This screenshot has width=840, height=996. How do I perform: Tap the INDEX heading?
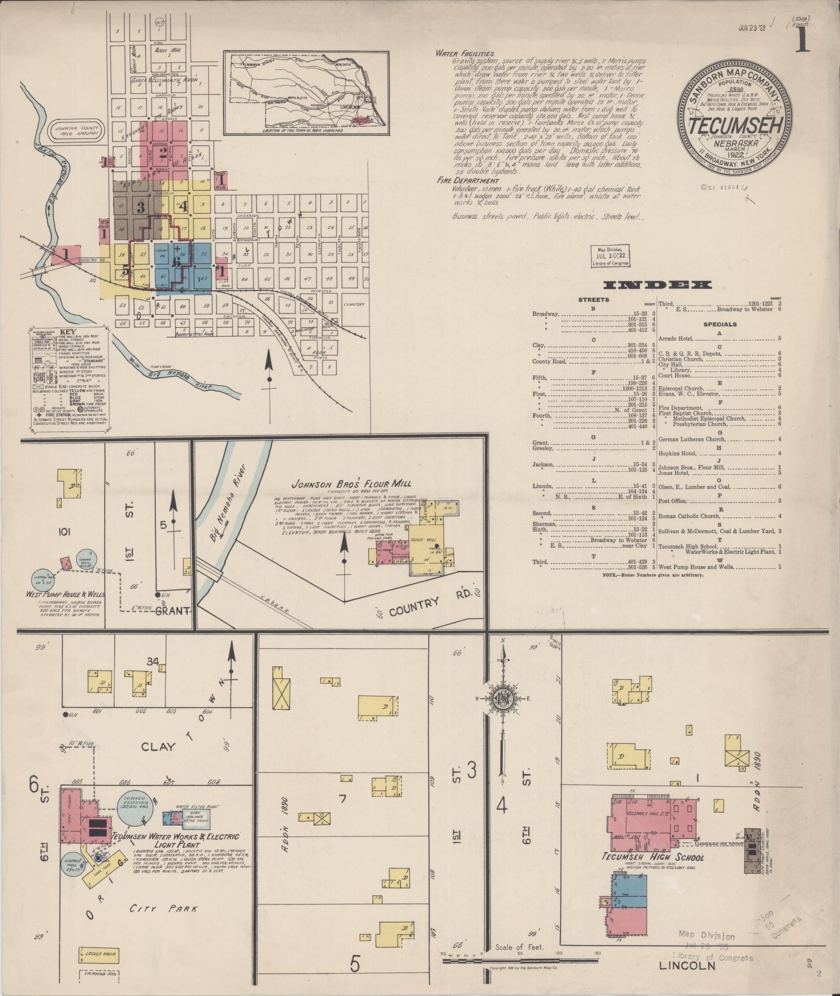[x=657, y=285]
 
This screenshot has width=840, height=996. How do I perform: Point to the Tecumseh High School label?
[x=653, y=857]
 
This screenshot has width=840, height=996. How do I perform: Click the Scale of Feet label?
[x=519, y=947]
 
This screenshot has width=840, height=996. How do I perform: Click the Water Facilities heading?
[x=465, y=53]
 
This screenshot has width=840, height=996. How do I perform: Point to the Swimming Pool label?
[x=98, y=973]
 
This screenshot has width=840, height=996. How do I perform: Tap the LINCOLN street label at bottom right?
[x=687, y=966]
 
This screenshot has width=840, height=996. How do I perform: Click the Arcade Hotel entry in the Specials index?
[x=675, y=338]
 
